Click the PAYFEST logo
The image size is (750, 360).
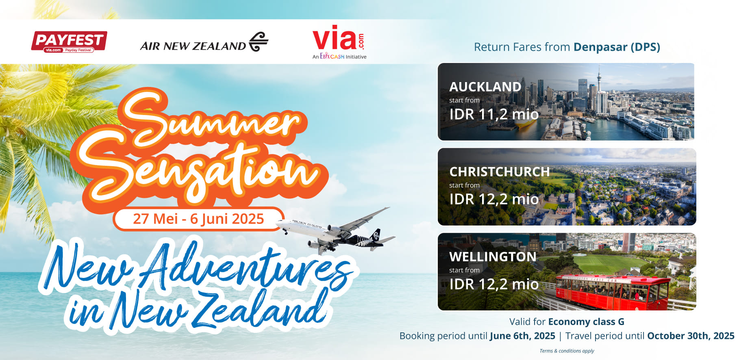click(x=69, y=42)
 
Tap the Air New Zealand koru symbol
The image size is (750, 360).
click(x=259, y=42)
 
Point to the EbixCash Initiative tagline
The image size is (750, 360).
click(x=339, y=56)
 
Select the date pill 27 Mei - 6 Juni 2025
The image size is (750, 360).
click(x=198, y=219)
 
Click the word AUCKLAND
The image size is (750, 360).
click(x=485, y=87)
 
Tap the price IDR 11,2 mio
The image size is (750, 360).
click(x=494, y=114)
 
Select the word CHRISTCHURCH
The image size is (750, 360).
click(x=499, y=172)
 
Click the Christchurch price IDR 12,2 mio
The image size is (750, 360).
click(x=494, y=199)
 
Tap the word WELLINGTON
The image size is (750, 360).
click(x=493, y=257)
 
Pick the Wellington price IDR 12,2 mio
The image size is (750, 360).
click(x=494, y=284)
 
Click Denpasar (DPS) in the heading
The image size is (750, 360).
click(x=617, y=47)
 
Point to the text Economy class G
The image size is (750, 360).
click(x=586, y=322)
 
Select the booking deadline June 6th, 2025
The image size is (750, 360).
click(x=522, y=336)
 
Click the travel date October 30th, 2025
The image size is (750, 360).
click(x=691, y=336)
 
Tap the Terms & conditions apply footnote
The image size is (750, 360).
click(x=567, y=351)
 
